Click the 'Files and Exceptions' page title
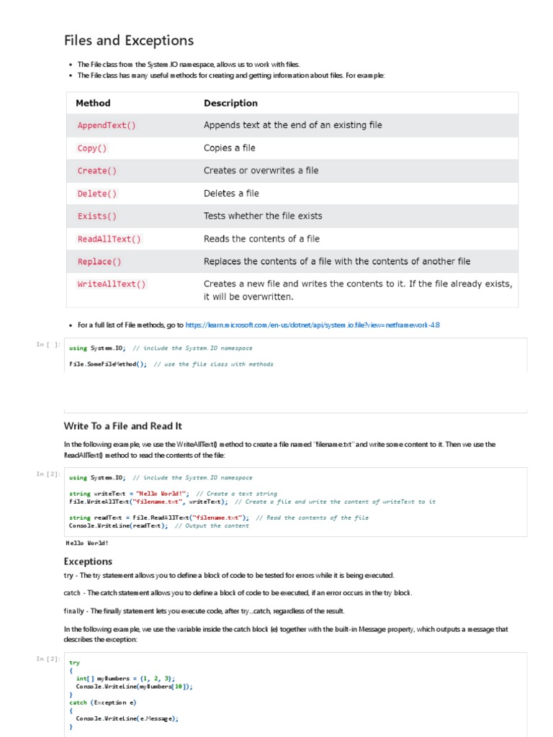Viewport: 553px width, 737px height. tap(129, 40)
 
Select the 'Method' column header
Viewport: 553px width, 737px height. tap(93, 103)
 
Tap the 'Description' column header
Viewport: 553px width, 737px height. tap(230, 103)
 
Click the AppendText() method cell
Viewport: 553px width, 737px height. tap(107, 125)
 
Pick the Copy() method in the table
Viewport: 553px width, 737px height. tap(92, 148)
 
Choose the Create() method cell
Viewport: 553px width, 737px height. tap(97, 171)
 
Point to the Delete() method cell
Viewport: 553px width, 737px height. tap(97, 194)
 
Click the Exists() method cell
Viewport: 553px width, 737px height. tap(97, 216)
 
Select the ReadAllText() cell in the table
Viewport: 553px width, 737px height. tap(109, 239)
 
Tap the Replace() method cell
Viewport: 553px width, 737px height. tap(99, 261)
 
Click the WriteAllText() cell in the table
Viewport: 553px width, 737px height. tap(112, 284)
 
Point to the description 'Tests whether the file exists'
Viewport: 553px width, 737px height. tap(263, 216)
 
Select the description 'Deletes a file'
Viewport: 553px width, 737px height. tap(231, 194)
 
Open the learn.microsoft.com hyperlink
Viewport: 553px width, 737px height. tap(313, 325)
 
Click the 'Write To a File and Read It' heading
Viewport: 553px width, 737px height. tap(123, 426)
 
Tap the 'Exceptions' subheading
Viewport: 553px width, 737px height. tap(88, 561)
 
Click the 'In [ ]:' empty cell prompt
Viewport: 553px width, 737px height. tap(48, 345)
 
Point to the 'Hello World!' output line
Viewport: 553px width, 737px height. tap(87, 543)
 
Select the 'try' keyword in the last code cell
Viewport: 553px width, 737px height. tap(74, 662)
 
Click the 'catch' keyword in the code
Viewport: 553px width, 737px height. tap(78, 702)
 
